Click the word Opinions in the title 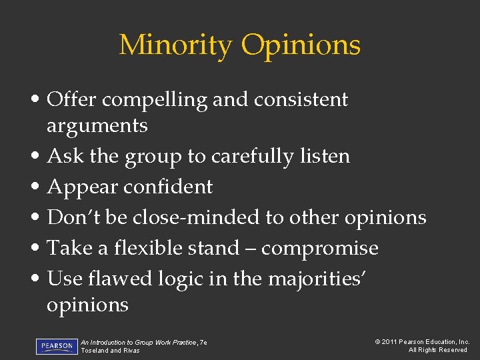tap(301, 45)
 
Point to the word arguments tap(97, 125)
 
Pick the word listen tap(325, 157)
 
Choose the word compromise tap(319, 249)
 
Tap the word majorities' tap(317, 279)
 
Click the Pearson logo tap(57, 347)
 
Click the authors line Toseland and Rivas tap(110, 351)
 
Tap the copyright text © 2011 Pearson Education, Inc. tap(421, 342)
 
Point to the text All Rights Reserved tap(437, 351)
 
